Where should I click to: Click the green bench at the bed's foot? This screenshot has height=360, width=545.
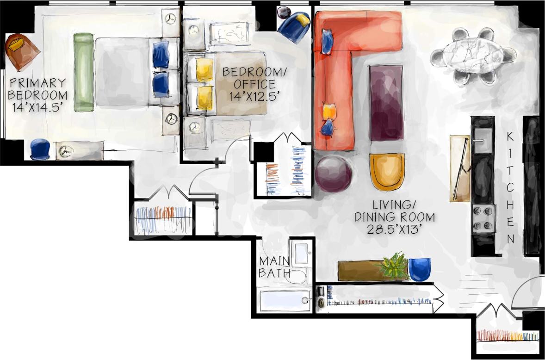tap(84, 72)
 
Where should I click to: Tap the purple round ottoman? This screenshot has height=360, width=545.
tap(333, 174)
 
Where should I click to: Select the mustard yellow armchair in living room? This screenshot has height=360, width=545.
tap(387, 172)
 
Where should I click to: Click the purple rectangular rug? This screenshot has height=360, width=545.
tap(386, 102)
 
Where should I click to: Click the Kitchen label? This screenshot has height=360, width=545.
tap(510, 187)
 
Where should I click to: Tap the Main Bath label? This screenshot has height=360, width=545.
tap(275, 267)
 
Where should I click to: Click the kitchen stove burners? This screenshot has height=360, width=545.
tap(483, 218)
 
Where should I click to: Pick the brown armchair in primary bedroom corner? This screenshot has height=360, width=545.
tap(21, 51)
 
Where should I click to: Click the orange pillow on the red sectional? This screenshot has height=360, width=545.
tap(328, 112)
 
